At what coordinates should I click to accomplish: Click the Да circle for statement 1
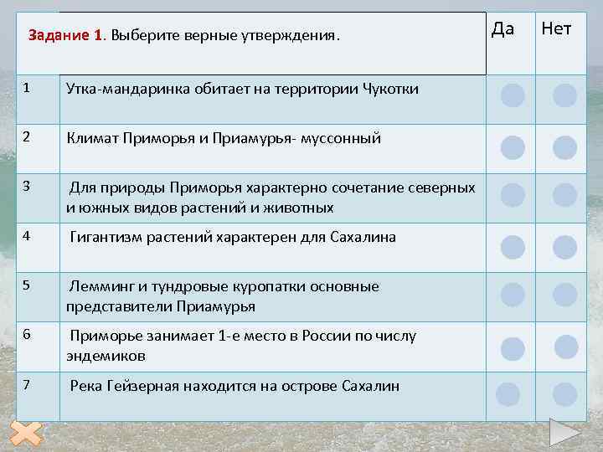(x=513, y=95)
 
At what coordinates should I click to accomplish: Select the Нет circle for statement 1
(x=565, y=95)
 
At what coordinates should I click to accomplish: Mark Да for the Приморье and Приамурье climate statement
(x=513, y=148)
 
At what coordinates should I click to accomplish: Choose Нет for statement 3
(x=565, y=195)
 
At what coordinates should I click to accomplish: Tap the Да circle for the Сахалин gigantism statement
(x=513, y=247)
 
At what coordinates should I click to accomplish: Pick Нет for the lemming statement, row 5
(x=565, y=295)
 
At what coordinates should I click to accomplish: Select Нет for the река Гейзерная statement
(x=565, y=393)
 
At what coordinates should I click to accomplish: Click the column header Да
(x=502, y=29)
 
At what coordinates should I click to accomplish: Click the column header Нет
(x=557, y=29)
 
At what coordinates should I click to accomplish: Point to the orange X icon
(x=28, y=435)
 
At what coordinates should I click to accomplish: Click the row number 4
(x=28, y=236)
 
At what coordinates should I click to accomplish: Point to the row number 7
(x=28, y=385)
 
